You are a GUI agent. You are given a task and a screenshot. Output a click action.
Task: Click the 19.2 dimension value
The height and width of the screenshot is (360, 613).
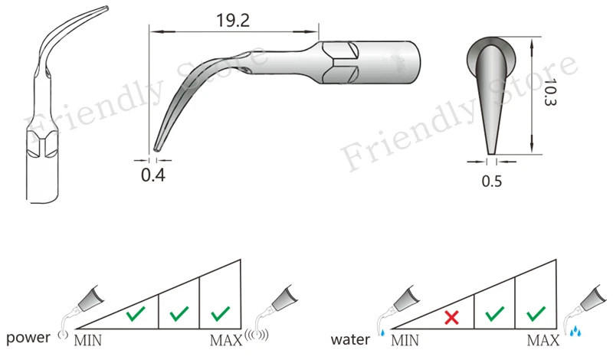tap(233, 21)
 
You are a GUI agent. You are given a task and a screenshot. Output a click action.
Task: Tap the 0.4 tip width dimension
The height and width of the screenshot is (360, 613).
tap(153, 175)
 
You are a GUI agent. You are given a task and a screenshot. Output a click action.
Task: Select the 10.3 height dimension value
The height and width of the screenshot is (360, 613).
tap(550, 93)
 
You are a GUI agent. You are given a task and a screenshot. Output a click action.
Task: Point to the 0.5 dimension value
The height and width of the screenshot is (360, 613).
tap(492, 181)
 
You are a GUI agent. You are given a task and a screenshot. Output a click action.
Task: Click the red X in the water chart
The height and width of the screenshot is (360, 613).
tap(451, 317)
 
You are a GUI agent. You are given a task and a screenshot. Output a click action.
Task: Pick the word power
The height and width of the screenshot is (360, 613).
tap(28, 338)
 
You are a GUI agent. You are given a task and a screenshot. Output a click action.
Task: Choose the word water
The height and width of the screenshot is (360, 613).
tap(350, 339)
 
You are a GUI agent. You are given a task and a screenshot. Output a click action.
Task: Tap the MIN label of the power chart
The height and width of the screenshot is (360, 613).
tap(88, 340)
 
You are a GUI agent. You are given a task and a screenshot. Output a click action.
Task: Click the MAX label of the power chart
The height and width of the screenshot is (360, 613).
tap(226, 340)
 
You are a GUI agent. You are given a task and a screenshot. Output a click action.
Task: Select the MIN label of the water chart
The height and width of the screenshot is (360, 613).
tap(405, 340)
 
